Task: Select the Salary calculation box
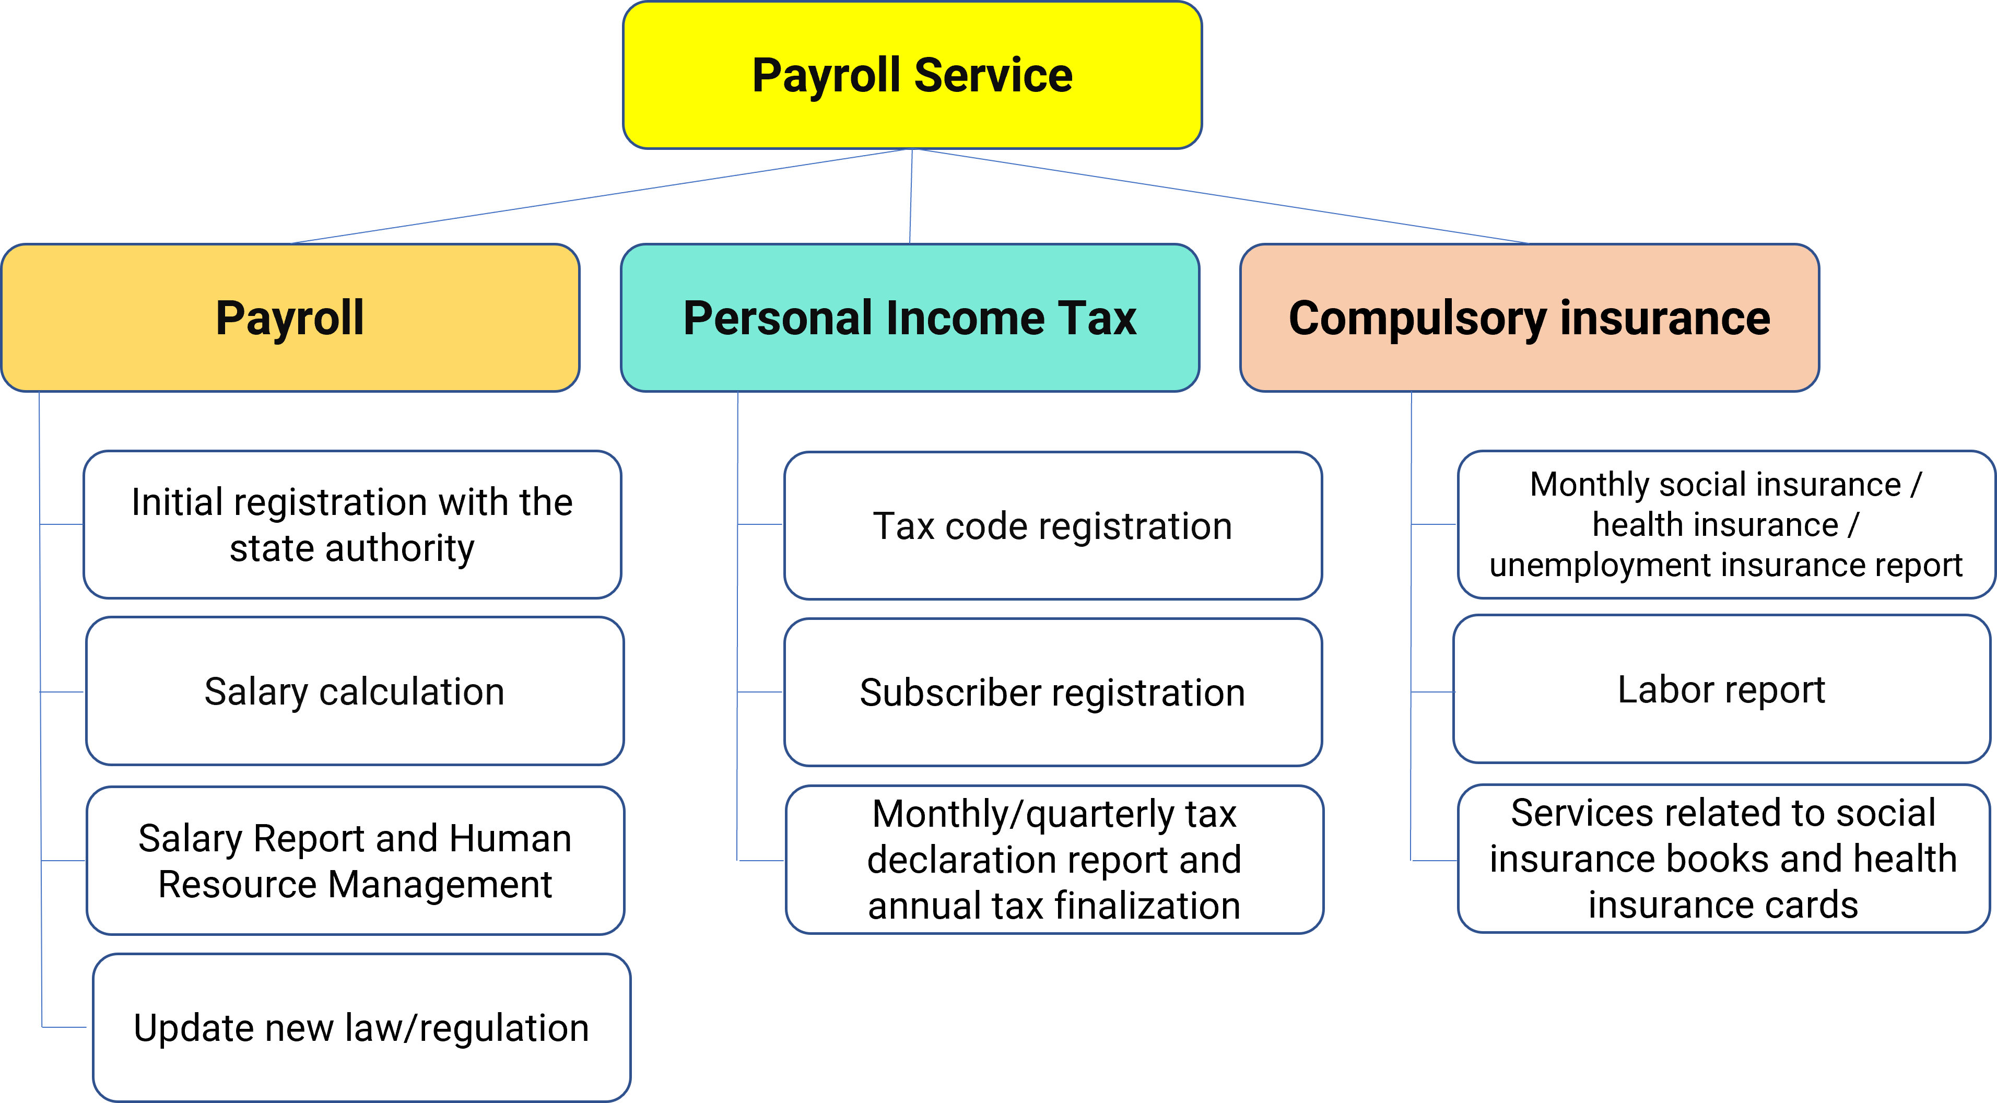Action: point(354,690)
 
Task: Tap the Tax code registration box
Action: point(1052,525)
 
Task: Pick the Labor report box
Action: point(1721,689)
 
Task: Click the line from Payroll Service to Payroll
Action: point(601,196)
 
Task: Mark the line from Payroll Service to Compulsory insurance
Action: point(1221,196)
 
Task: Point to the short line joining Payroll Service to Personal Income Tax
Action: point(911,196)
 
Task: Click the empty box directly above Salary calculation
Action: point(352,524)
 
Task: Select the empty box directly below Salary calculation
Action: point(355,860)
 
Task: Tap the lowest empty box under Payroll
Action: point(361,1027)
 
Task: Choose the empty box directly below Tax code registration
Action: point(1052,691)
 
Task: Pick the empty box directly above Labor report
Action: point(1725,524)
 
